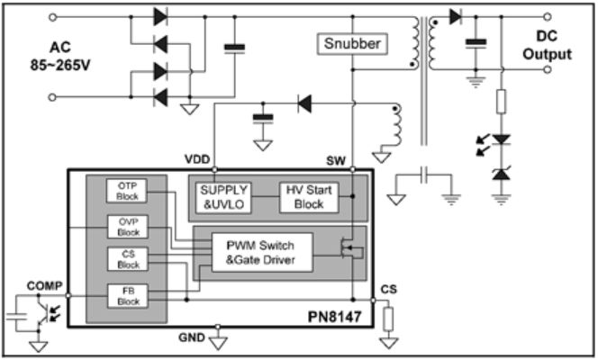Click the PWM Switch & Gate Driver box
[258, 251]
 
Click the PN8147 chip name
[335, 316]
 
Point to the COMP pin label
[44, 287]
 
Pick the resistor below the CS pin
[388, 319]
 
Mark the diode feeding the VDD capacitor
[305, 104]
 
